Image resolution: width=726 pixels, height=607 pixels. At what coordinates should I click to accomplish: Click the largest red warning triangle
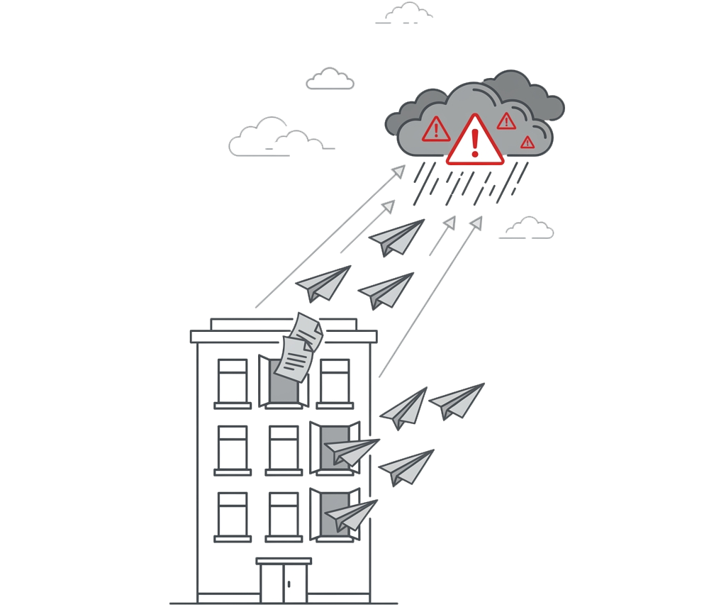(475, 141)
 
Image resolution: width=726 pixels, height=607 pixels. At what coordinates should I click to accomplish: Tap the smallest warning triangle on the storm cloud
(527, 143)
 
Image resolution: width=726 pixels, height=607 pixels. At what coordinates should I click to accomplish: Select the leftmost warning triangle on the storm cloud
(435, 130)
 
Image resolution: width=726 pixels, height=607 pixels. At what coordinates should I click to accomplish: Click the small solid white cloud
(330, 79)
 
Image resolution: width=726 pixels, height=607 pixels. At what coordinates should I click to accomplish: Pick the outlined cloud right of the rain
(528, 228)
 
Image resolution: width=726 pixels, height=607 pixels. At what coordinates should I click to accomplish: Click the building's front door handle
(289, 584)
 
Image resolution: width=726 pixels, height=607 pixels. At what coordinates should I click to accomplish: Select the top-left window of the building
(233, 381)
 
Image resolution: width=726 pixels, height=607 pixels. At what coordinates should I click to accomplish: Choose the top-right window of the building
(335, 381)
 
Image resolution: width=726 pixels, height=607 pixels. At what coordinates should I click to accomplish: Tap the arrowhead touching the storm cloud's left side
(399, 170)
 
